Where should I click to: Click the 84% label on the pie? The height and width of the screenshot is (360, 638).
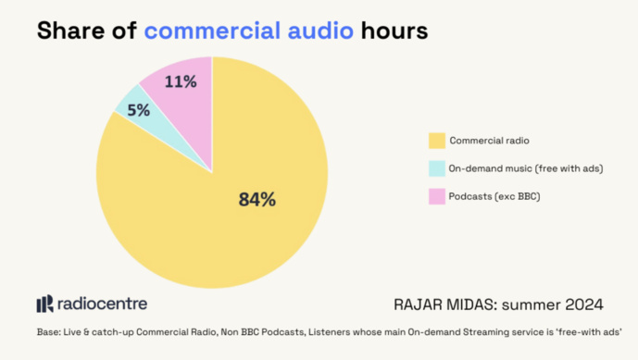click(x=256, y=199)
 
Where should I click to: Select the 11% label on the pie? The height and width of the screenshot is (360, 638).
click(x=181, y=81)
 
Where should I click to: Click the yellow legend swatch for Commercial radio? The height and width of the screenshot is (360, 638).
click(x=436, y=141)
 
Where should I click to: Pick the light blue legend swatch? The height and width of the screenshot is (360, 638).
click(x=436, y=168)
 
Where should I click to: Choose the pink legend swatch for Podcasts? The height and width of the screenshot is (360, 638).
click(x=436, y=196)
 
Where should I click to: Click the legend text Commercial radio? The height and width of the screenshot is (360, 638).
click(x=490, y=141)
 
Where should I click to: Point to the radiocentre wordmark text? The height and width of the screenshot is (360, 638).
click(x=102, y=304)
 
